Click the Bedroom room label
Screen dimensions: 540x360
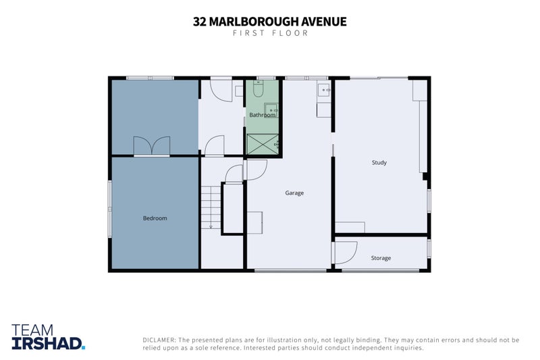[x=155, y=218]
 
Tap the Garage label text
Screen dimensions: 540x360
[x=294, y=193]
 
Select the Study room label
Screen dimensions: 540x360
[x=379, y=162]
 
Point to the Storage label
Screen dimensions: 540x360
[x=381, y=258]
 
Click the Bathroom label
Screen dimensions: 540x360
[x=262, y=115]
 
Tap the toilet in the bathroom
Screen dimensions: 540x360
[x=259, y=88]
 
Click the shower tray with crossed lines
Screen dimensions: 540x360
[x=263, y=144]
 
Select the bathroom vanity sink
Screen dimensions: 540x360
[x=271, y=109]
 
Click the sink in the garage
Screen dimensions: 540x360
[x=324, y=91]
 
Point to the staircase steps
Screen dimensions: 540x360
[x=211, y=207]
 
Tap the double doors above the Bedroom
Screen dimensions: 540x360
[x=152, y=146]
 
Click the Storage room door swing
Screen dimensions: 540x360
[x=346, y=253]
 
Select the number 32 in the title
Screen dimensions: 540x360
[x=200, y=22]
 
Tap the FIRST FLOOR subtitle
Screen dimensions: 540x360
[x=271, y=33]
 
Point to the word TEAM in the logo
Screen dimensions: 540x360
[x=32, y=330]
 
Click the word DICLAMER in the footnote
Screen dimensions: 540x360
[x=159, y=340]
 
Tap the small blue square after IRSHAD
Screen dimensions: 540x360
[x=83, y=348]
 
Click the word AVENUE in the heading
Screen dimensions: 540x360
[x=324, y=22]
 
